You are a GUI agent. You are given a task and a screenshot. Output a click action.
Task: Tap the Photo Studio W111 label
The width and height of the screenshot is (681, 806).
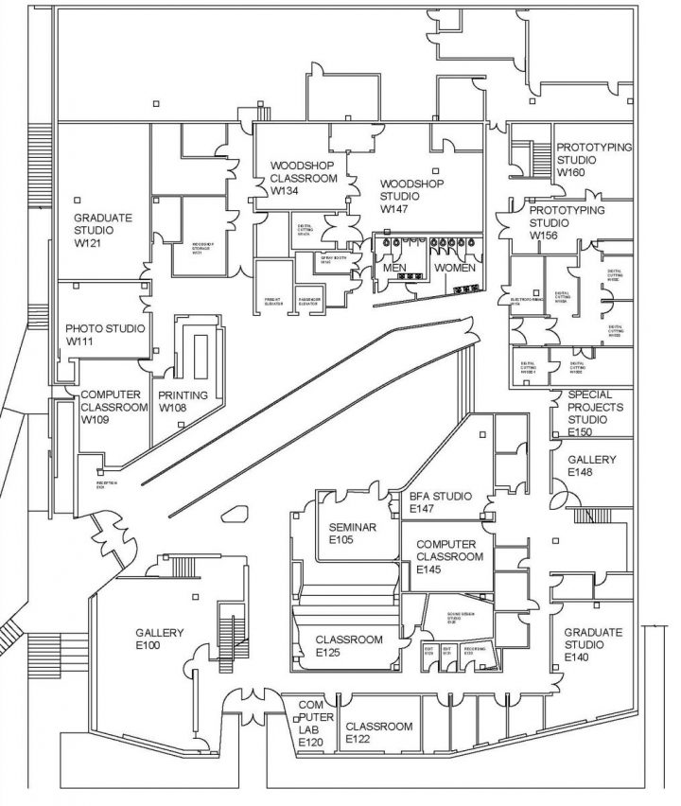105,335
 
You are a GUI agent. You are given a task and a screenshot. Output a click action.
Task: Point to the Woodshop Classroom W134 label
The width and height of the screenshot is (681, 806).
303,177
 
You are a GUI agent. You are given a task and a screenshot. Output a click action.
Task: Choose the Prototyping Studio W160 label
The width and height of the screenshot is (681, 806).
593,160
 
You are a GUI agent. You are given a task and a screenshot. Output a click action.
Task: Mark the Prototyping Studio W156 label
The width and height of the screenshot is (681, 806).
566,221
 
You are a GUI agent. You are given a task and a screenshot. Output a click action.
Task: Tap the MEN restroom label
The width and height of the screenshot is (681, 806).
394,269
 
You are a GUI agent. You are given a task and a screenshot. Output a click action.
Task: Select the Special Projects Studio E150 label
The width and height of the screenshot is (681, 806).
591,412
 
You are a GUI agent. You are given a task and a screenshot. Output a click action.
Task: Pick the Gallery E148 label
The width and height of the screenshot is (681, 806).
591,464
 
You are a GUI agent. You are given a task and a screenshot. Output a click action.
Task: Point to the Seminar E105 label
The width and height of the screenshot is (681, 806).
353,533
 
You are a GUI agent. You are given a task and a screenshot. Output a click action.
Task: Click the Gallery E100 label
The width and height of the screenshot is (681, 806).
159,639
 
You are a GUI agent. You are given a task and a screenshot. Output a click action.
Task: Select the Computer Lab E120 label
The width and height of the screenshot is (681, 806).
311,724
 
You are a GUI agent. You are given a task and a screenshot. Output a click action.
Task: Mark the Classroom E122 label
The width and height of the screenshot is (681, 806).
378,732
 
